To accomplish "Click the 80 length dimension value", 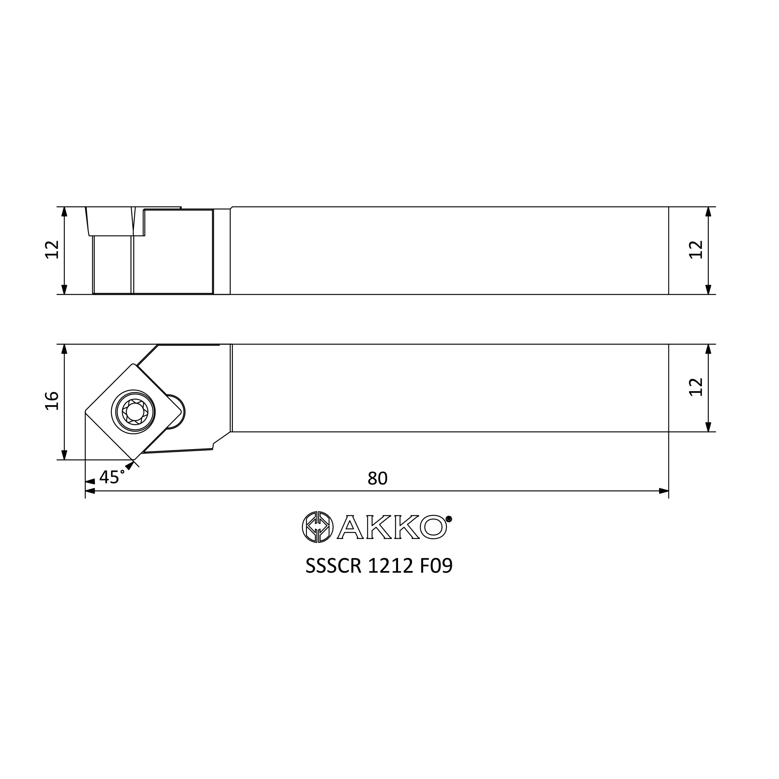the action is pos(377,478).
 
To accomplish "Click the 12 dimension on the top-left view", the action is pos(52,250).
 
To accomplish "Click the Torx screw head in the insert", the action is pos(134,412).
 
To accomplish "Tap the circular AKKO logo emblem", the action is pos(318,527).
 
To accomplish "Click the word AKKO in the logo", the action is pos(392,527).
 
